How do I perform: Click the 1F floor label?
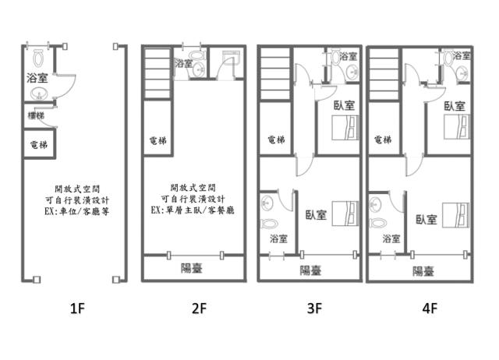tap(76, 309)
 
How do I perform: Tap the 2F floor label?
tap(200, 309)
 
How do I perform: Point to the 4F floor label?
tap(429, 309)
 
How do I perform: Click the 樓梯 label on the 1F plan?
tap(35, 115)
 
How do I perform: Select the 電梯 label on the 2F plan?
tap(157, 141)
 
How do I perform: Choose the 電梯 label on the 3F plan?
tap(275, 140)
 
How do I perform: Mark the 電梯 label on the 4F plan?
tap(383, 140)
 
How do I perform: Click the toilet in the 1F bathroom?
tap(38, 57)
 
